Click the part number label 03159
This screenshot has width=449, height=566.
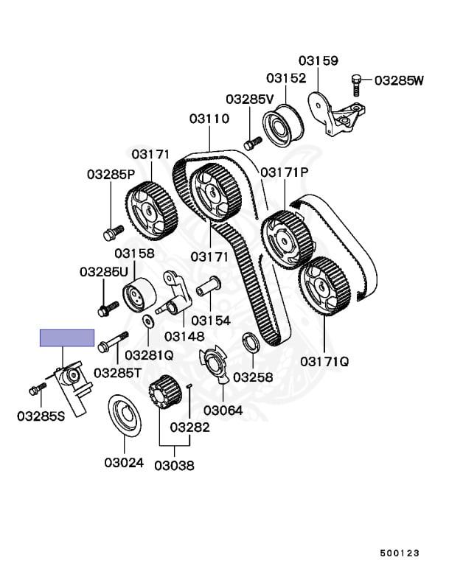tap(318, 60)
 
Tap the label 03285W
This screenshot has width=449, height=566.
tap(400, 80)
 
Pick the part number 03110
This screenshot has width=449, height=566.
tap(209, 118)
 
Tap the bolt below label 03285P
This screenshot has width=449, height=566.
tap(111, 235)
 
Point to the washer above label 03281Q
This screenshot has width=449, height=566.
tap(147, 321)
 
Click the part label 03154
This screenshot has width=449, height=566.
tap(212, 321)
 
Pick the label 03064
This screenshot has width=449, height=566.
tap(223, 410)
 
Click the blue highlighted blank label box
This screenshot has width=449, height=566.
tap(67, 338)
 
